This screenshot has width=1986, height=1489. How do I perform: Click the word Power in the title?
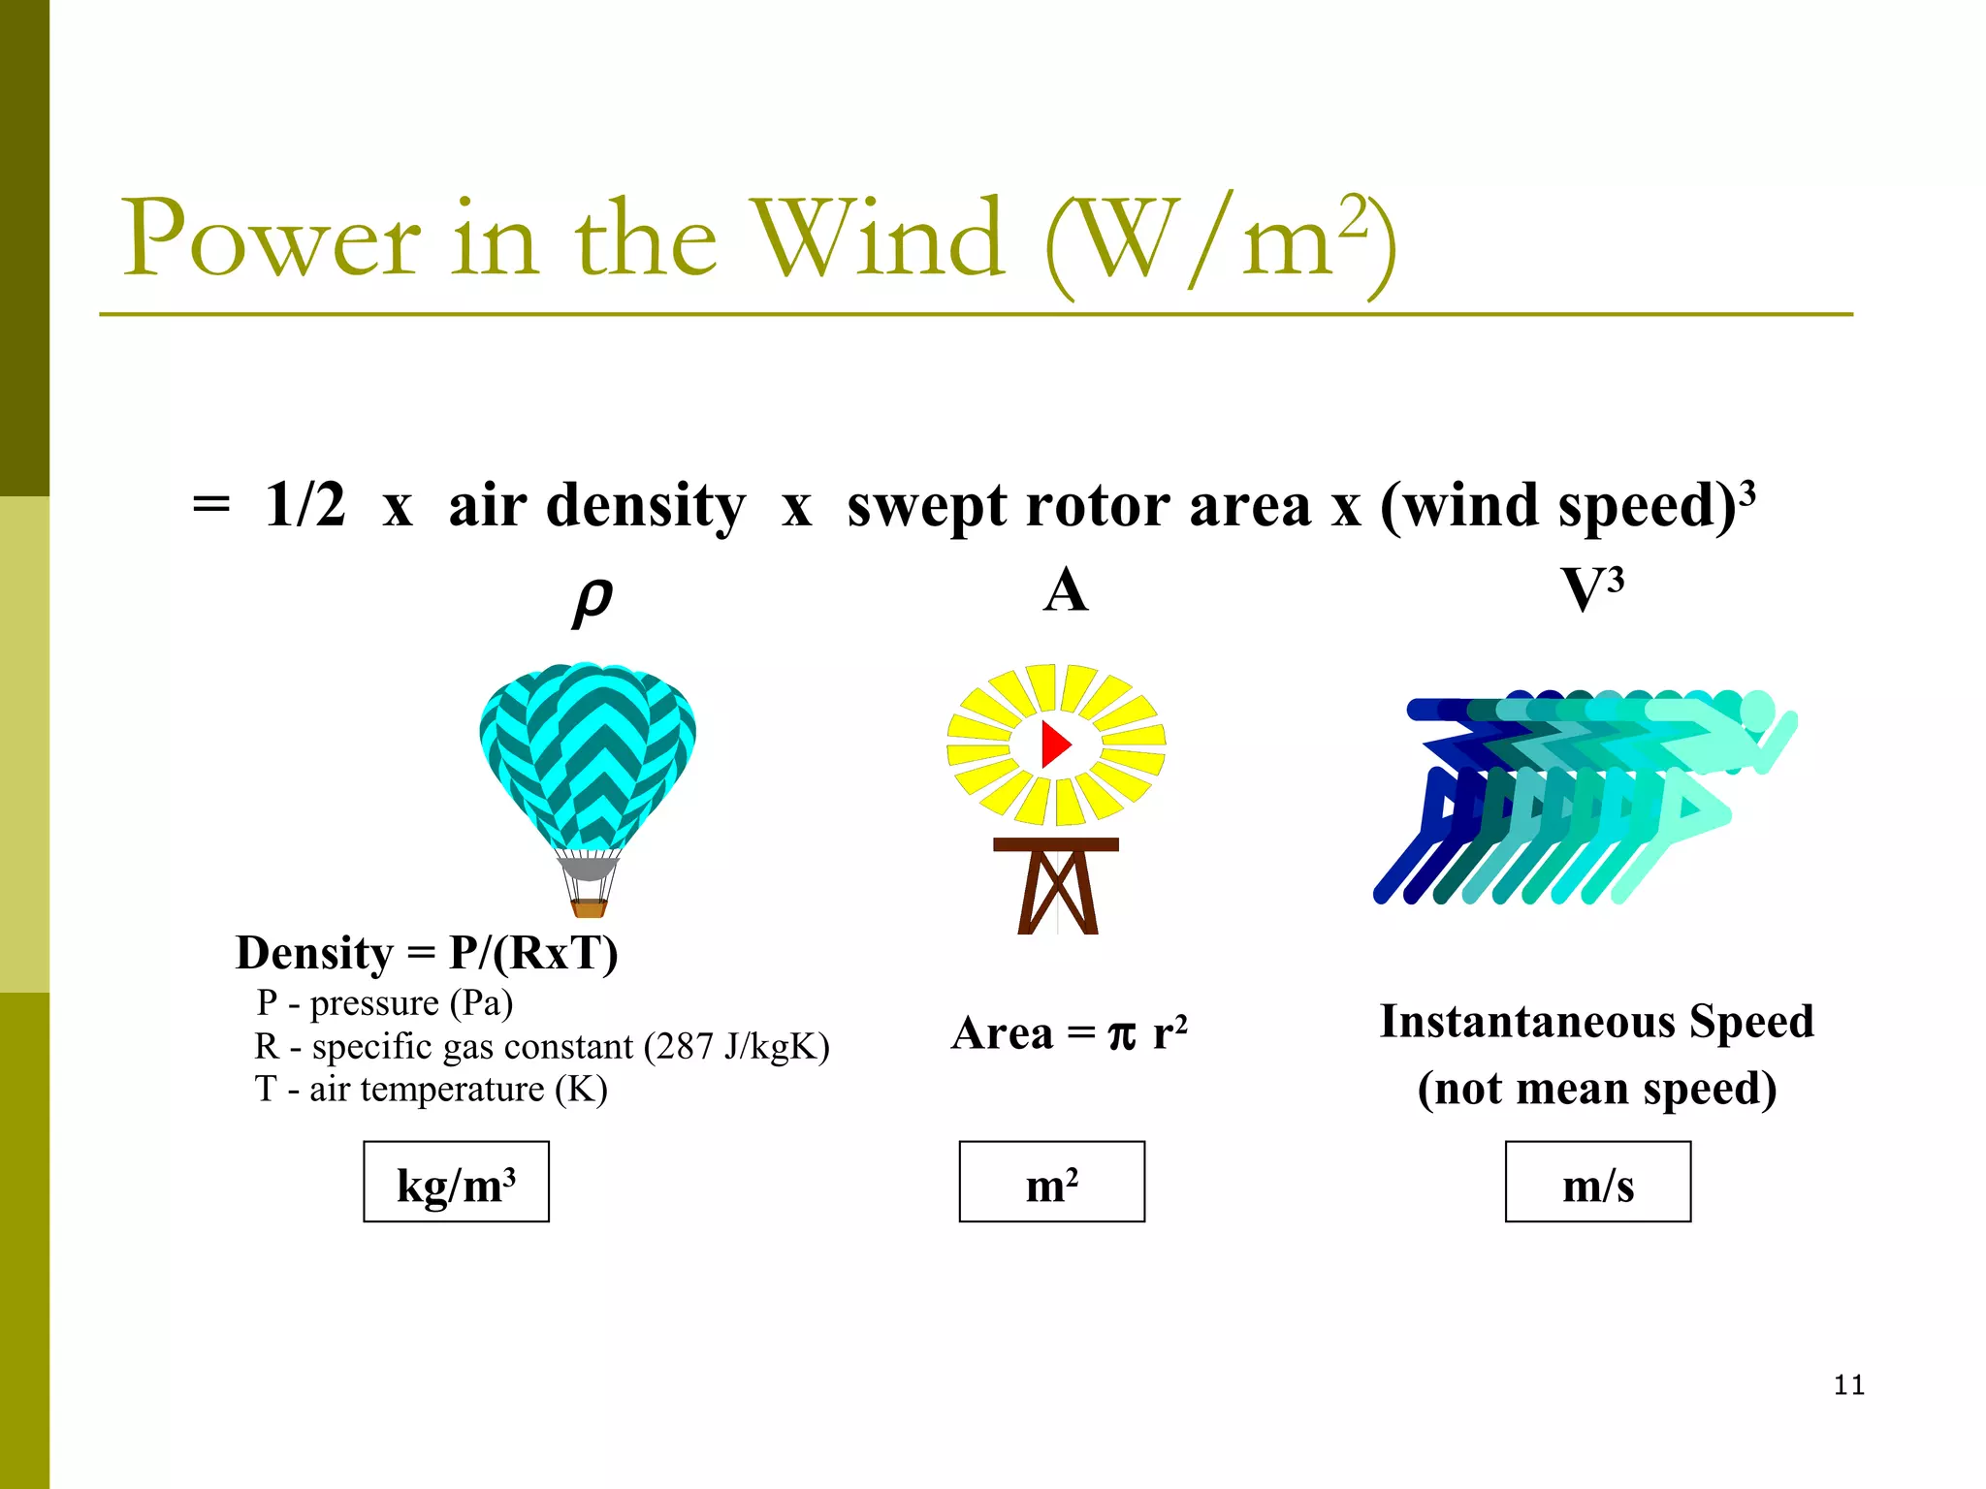[271, 238]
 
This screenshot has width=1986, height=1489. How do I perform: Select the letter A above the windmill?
[1065, 590]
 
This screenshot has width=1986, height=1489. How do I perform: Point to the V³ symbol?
[1591, 588]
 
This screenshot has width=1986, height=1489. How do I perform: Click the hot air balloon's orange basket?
[589, 907]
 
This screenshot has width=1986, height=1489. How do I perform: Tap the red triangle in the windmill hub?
[1054, 744]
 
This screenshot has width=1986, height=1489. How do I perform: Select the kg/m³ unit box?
[456, 1182]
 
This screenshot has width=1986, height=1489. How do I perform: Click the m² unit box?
[1051, 1182]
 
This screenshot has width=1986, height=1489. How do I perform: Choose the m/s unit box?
[1597, 1182]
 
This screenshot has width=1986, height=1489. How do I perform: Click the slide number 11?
[1848, 1384]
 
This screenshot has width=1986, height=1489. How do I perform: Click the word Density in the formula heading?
[314, 953]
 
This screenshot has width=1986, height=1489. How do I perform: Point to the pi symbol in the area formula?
[1121, 1033]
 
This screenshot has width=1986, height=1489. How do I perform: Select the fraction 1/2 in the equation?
[304, 505]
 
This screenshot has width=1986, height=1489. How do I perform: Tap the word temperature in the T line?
[452, 1090]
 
